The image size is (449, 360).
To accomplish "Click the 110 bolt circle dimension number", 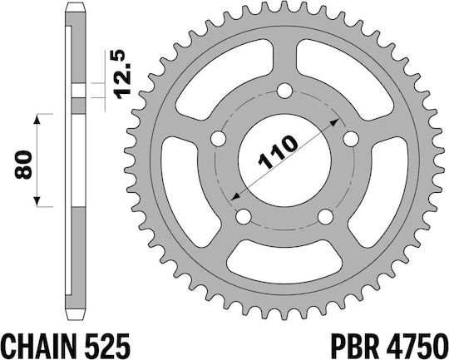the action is tap(278, 152).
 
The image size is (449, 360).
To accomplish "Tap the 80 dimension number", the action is tap(24, 165).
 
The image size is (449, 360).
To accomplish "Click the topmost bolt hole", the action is tap(284, 91).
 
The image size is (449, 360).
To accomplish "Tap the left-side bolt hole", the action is tap(218, 139).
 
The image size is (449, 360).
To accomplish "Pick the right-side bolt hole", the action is tap(351, 139).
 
